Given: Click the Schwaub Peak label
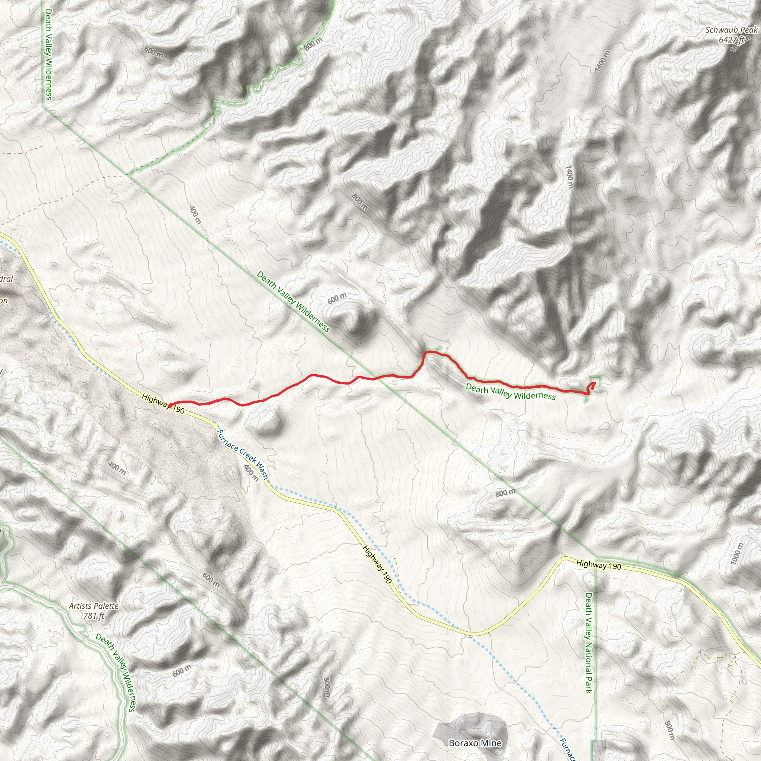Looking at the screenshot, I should [x=731, y=30].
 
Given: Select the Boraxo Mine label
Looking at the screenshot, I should [x=475, y=743].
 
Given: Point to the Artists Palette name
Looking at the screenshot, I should [x=94, y=606].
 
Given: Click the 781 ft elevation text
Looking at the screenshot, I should [x=94, y=615].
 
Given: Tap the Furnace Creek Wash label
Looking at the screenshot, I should [x=243, y=454].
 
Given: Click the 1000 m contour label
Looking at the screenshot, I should [x=737, y=554].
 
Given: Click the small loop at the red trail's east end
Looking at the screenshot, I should [x=591, y=387].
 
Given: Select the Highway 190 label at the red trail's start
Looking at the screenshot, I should [x=163, y=403].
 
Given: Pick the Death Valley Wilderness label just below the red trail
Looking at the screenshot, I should [x=511, y=392].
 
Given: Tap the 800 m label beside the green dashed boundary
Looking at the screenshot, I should [x=313, y=44].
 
